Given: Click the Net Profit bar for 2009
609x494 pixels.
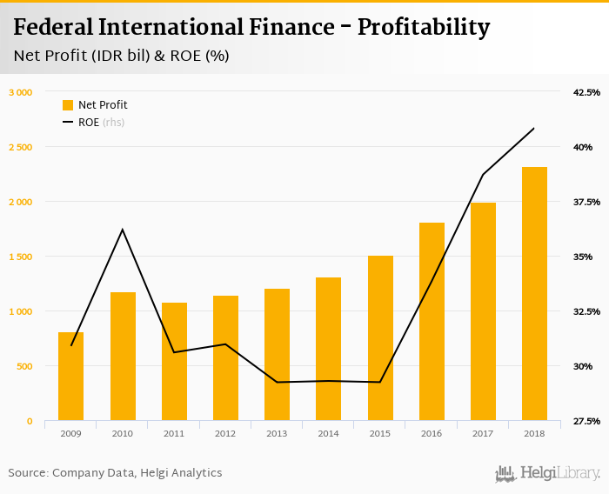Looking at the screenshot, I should point(71,377).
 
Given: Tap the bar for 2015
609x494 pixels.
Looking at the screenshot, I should point(380,338).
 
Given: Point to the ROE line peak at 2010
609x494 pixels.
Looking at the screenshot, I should point(123,230).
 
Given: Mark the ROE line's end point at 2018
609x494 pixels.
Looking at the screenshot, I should point(534,128).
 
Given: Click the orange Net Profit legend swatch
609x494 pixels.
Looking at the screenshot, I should point(68,105).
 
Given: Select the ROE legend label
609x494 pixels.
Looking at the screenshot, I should point(89,123).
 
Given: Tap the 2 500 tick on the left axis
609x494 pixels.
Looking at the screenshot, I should point(19,147).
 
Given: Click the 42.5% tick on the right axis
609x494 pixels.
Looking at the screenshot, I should point(587,92).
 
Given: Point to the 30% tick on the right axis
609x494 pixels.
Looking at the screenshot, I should point(583,366).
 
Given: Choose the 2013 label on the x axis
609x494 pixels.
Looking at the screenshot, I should point(278,432).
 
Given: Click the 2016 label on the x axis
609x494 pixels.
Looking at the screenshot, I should point(432,432).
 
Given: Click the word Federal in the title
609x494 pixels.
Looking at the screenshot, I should point(54,27).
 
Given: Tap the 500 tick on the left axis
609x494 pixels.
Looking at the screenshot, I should point(23,366).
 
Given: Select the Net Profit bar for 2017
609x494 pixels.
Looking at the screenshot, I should point(484,311).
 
